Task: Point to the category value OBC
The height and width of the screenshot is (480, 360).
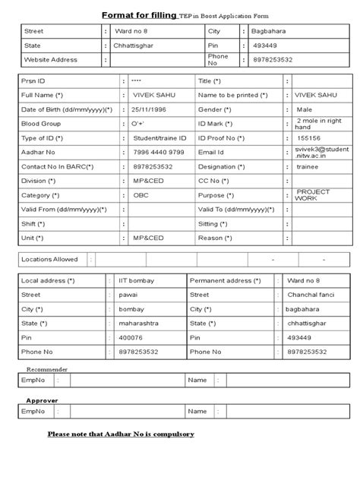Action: point(141,194)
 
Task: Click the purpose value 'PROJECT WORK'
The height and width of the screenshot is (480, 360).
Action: point(312,194)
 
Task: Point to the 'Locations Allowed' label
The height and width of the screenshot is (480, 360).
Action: point(50,259)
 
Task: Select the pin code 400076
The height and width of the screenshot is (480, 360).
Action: point(131,337)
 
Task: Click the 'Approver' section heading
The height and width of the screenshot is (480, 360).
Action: point(43,399)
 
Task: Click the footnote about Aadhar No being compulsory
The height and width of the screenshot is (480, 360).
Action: point(121,434)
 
